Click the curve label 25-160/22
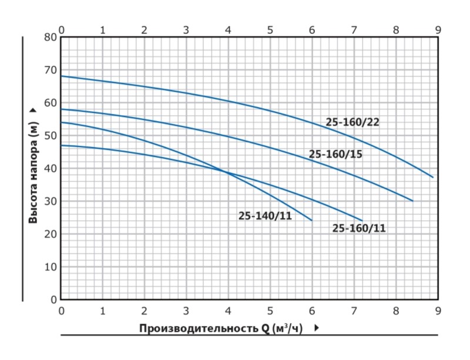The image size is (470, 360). click(352, 122)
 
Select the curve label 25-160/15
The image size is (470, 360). click(336, 154)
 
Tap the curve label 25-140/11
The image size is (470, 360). click(266, 216)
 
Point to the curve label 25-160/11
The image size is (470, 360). click(359, 228)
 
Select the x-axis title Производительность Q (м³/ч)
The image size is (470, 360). click(221, 328)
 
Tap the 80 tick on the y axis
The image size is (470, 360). click(51, 37)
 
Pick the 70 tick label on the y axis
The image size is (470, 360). click(51, 70)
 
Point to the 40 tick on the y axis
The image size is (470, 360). click(51, 169)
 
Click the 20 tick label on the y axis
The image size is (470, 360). click(51, 234)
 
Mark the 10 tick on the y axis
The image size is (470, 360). click(51, 267)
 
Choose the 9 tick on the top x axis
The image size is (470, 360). click(438, 29)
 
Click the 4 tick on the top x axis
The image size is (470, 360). click(228, 29)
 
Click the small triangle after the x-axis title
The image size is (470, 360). click(317, 328)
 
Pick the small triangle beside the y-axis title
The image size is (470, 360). click(33, 110)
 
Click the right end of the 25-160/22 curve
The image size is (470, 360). click(433, 177)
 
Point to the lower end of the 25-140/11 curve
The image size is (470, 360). click(312, 220)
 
